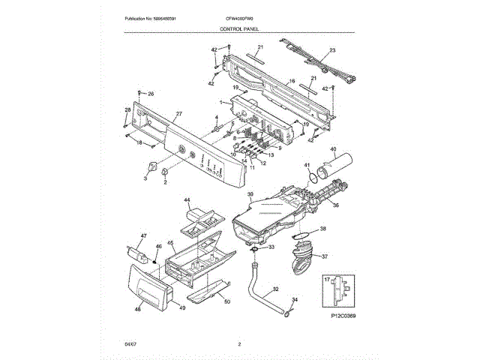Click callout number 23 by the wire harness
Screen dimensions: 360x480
click(x=333, y=50)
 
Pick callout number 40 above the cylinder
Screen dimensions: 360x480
click(x=333, y=150)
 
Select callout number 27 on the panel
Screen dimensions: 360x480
click(x=178, y=114)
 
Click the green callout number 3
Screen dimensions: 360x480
click(x=145, y=179)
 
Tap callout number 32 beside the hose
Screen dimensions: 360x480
click(x=275, y=289)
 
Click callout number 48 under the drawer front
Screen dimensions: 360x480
click(x=137, y=309)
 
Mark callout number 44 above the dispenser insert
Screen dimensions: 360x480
click(x=188, y=201)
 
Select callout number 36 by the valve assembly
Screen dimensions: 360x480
click(x=335, y=205)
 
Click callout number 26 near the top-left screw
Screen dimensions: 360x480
click(x=150, y=94)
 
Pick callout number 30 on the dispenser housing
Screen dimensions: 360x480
click(x=251, y=194)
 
